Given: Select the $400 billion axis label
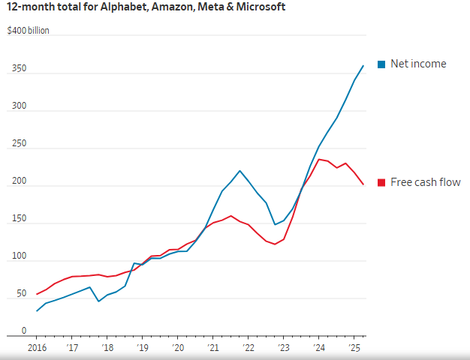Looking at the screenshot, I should (29, 31).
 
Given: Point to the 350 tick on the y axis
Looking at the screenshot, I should (17, 69).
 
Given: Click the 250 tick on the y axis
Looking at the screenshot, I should (17, 144).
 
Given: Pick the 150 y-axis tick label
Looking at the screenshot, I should (17, 219).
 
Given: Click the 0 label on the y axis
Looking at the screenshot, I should (23, 331).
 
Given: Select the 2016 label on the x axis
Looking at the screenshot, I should (37, 348).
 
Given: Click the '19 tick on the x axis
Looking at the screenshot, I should (142, 348).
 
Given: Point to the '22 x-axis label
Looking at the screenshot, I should (248, 348).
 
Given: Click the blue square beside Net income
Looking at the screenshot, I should (381, 64).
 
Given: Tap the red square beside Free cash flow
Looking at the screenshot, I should (381, 182).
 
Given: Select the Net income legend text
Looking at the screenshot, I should (418, 64).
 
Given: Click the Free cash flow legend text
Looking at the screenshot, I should (426, 182).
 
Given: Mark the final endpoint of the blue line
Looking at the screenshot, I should (363, 65).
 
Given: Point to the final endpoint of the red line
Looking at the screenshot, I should (363, 184).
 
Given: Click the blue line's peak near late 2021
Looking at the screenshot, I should (240, 170).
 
